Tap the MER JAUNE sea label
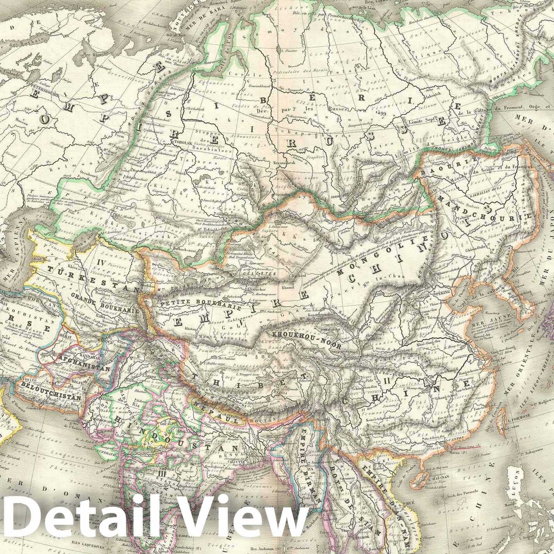482,316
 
